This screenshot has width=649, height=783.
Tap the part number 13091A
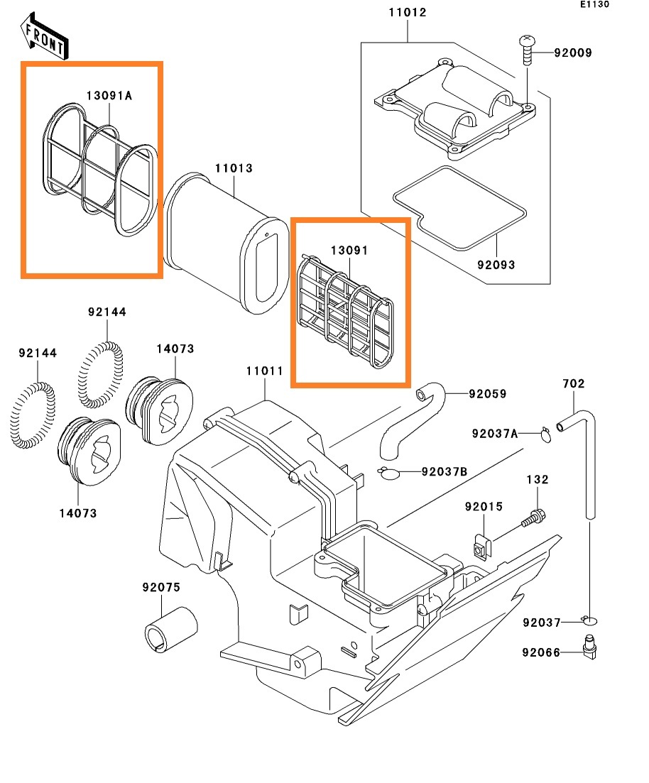tap(109, 96)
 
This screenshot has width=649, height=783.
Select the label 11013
tap(234, 169)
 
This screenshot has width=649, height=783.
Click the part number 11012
tap(408, 13)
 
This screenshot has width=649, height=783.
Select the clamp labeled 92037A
tap(545, 433)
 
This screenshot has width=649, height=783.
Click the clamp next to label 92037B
tap(388, 472)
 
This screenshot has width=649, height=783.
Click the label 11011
tap(265, 371)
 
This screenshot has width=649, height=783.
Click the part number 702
tap(573, 384)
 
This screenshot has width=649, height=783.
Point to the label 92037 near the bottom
tap(542, 623)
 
